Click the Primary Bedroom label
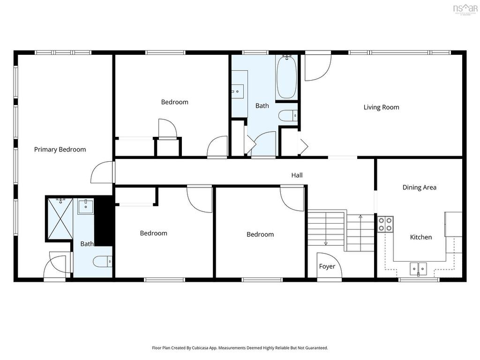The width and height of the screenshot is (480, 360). [60, 150]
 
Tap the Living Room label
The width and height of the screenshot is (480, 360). [381, 107]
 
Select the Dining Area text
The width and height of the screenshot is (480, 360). [419, 187]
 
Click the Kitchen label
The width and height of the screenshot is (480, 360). [420, 237]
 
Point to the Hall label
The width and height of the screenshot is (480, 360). [297, 175]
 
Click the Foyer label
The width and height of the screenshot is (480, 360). [327, 266]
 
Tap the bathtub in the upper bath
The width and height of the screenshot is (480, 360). [286, 77]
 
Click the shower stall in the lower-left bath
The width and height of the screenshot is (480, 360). [60, 219]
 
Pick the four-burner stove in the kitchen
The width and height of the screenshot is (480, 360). [385, 224]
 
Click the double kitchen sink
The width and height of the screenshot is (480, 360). [418, 269]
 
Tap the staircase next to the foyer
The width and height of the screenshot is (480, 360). [341, 231]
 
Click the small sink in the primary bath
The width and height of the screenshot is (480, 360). [85, 205]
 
